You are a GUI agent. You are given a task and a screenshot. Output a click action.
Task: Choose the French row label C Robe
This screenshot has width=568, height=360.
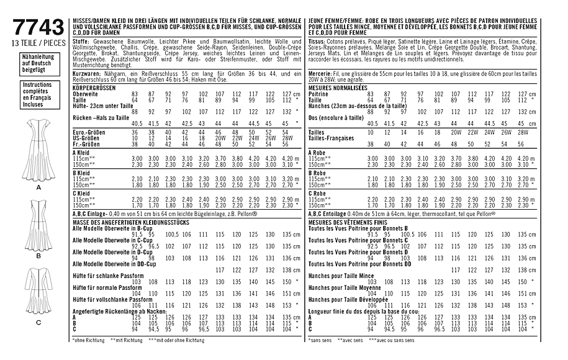click(x=318, y=194)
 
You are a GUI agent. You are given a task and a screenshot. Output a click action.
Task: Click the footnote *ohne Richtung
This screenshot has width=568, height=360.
click(x=90, y=340)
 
